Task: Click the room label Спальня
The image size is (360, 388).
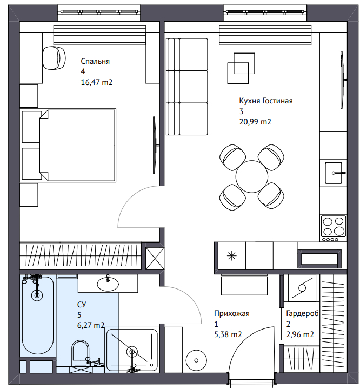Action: [95, 61]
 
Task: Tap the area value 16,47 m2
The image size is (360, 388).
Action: [97, 82]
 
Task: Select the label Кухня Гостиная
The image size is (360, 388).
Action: [266, 101]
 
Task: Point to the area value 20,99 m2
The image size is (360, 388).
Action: [255, 122]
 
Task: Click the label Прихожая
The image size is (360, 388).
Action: [232, 313]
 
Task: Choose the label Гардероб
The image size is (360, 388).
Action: [302, 314]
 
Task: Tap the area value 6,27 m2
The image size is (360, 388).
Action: [91, 325]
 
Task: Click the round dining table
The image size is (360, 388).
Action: [252, 176]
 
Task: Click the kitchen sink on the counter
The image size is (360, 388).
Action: [334, 173]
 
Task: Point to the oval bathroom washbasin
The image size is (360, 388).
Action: [108, 284]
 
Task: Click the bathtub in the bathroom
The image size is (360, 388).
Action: [37, 315]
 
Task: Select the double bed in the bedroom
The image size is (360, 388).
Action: [78, 145]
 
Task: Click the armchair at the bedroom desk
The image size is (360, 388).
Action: [54, 58]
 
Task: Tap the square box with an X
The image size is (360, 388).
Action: [155, 258]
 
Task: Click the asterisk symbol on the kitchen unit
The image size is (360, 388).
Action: [232, 255]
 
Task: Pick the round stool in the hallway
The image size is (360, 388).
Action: [196, 360]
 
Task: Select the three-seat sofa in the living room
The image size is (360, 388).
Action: [186, 87]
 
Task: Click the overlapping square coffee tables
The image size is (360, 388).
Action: [241, 68]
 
